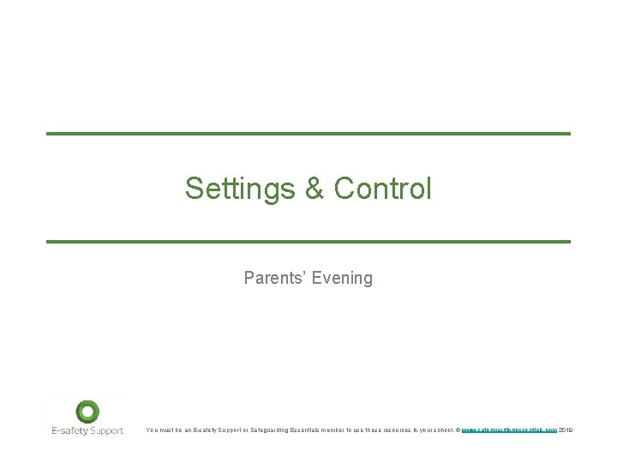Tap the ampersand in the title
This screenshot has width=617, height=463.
(x=314, y=189)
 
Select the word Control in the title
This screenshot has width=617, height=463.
(x=382, y=189)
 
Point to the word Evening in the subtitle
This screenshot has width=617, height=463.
(x=342, y=278)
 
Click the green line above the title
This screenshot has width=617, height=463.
(x=308, y=134)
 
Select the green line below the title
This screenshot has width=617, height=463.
(x=308, y=242)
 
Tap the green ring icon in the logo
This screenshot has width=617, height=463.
(x=87, y=412)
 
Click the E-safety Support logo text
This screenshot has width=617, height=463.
(x=87, y=430)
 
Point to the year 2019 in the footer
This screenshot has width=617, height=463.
(x=565, y=430)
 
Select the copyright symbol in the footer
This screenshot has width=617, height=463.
(x=458, y=430)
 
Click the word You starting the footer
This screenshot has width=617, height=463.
(x=152, y=430)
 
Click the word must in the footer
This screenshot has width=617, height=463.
(x=167, y=430)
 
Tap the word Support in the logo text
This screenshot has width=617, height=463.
(x=106, y=430)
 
